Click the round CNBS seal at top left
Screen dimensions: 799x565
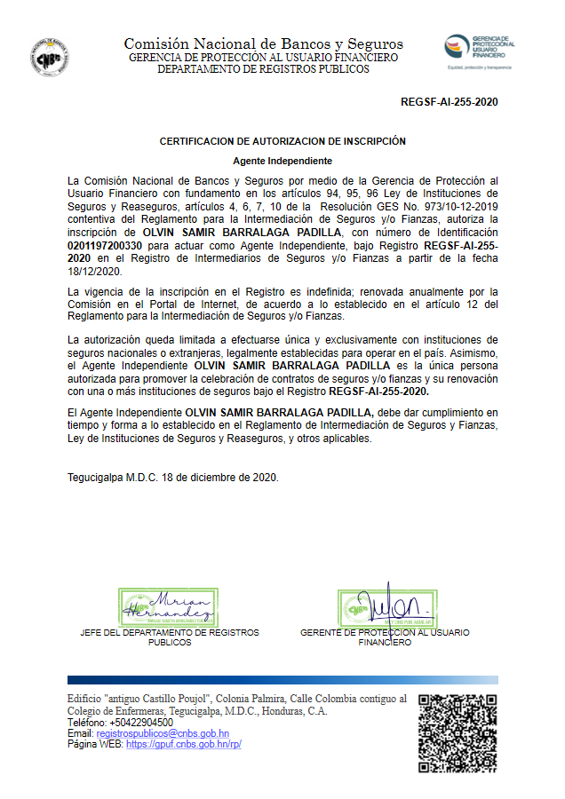point(51,56)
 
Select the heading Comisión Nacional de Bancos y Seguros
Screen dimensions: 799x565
point(263,44)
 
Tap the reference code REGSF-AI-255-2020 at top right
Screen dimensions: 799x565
point(450,102)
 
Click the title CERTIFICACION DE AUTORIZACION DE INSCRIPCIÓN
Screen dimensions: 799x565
point(282,141)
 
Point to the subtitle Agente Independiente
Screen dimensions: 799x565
point(282,161)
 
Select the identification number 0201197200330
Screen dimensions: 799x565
point(105,244)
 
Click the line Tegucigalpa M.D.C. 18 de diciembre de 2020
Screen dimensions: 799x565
point(173,477)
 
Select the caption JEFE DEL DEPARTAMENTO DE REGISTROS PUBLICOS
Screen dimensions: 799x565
point(169,637)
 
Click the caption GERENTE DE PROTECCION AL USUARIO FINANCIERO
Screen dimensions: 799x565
point(385,637)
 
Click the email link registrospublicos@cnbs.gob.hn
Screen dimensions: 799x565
point(163,733)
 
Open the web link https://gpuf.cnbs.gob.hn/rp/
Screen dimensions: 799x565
point(184,744)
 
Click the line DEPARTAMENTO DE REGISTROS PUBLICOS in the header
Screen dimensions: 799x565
point(263,68)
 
